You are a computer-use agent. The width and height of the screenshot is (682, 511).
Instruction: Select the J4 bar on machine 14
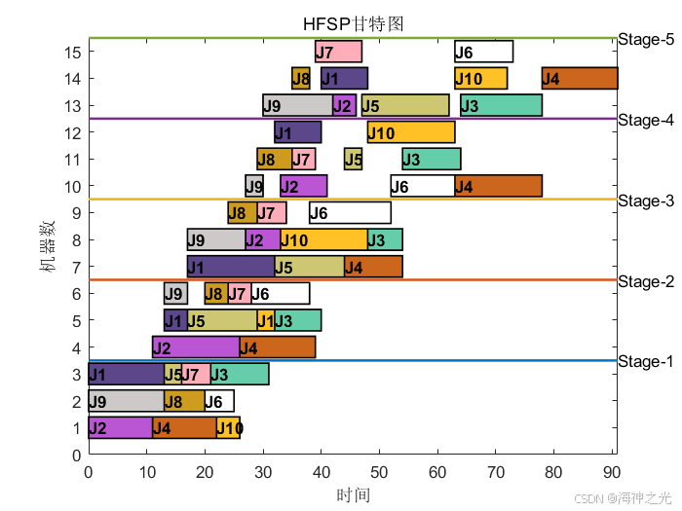click(x=580, y=79)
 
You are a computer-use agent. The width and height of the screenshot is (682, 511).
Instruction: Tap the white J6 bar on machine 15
click(x=483, y=52)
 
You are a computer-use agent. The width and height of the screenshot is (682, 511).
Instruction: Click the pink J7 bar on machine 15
click(x=338, y=52)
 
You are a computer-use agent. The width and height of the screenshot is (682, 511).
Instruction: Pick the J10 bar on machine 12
click(x=411, y=132)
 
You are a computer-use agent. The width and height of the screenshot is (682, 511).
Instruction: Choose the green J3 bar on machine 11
click(x=432, y=159)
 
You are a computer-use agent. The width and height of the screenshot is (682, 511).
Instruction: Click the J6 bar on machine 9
click(x=350, y=213)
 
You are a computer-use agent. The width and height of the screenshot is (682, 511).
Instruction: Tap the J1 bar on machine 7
click(x=231, y=267)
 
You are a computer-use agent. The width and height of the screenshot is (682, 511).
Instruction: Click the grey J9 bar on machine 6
click(x=175, y=293)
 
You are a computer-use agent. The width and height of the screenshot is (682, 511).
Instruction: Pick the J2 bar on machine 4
click(x=196, y=347)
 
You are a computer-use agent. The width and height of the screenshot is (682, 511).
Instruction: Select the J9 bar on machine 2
click(x=126, y=401)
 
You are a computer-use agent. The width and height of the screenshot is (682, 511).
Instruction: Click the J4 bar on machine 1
click(x=184, y=427)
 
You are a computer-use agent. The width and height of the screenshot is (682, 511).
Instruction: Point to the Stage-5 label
click(x=645, y=40)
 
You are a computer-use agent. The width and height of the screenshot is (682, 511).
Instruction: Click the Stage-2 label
click(x=645, y=282)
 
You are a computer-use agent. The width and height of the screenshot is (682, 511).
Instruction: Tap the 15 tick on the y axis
click(x=73, y=52)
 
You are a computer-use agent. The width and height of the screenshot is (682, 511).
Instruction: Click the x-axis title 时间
click(x=353, y=494)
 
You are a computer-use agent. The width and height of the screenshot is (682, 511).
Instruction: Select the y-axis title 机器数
click(x=48, y=245)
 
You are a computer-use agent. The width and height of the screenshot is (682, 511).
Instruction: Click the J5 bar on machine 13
click(x=405, y=105)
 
